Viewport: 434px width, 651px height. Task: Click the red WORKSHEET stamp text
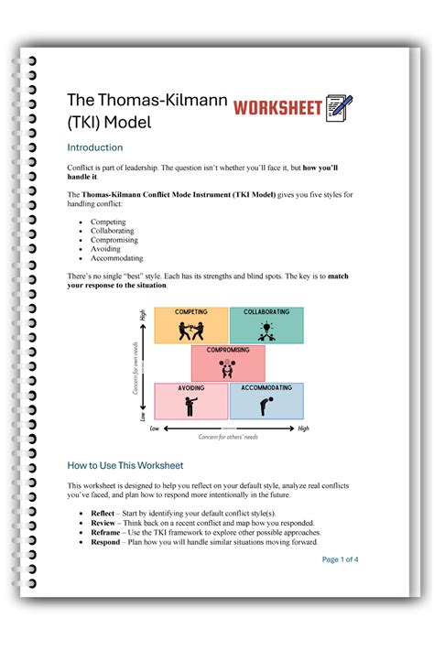278,108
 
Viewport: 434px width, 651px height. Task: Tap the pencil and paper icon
339,107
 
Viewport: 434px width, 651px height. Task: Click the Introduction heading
95,147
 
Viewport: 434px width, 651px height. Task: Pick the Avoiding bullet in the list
107,249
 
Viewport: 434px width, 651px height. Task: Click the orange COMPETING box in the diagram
190,326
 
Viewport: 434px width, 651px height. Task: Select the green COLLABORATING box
266,326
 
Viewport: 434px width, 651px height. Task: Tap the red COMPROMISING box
228,363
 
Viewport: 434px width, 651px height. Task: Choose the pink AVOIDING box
190,401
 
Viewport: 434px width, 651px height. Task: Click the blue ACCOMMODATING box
266,401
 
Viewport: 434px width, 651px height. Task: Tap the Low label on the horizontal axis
155,428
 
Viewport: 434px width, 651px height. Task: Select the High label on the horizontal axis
303,428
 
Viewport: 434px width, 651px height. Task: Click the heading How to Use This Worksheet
125,465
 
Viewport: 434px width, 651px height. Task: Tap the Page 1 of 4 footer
340,559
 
